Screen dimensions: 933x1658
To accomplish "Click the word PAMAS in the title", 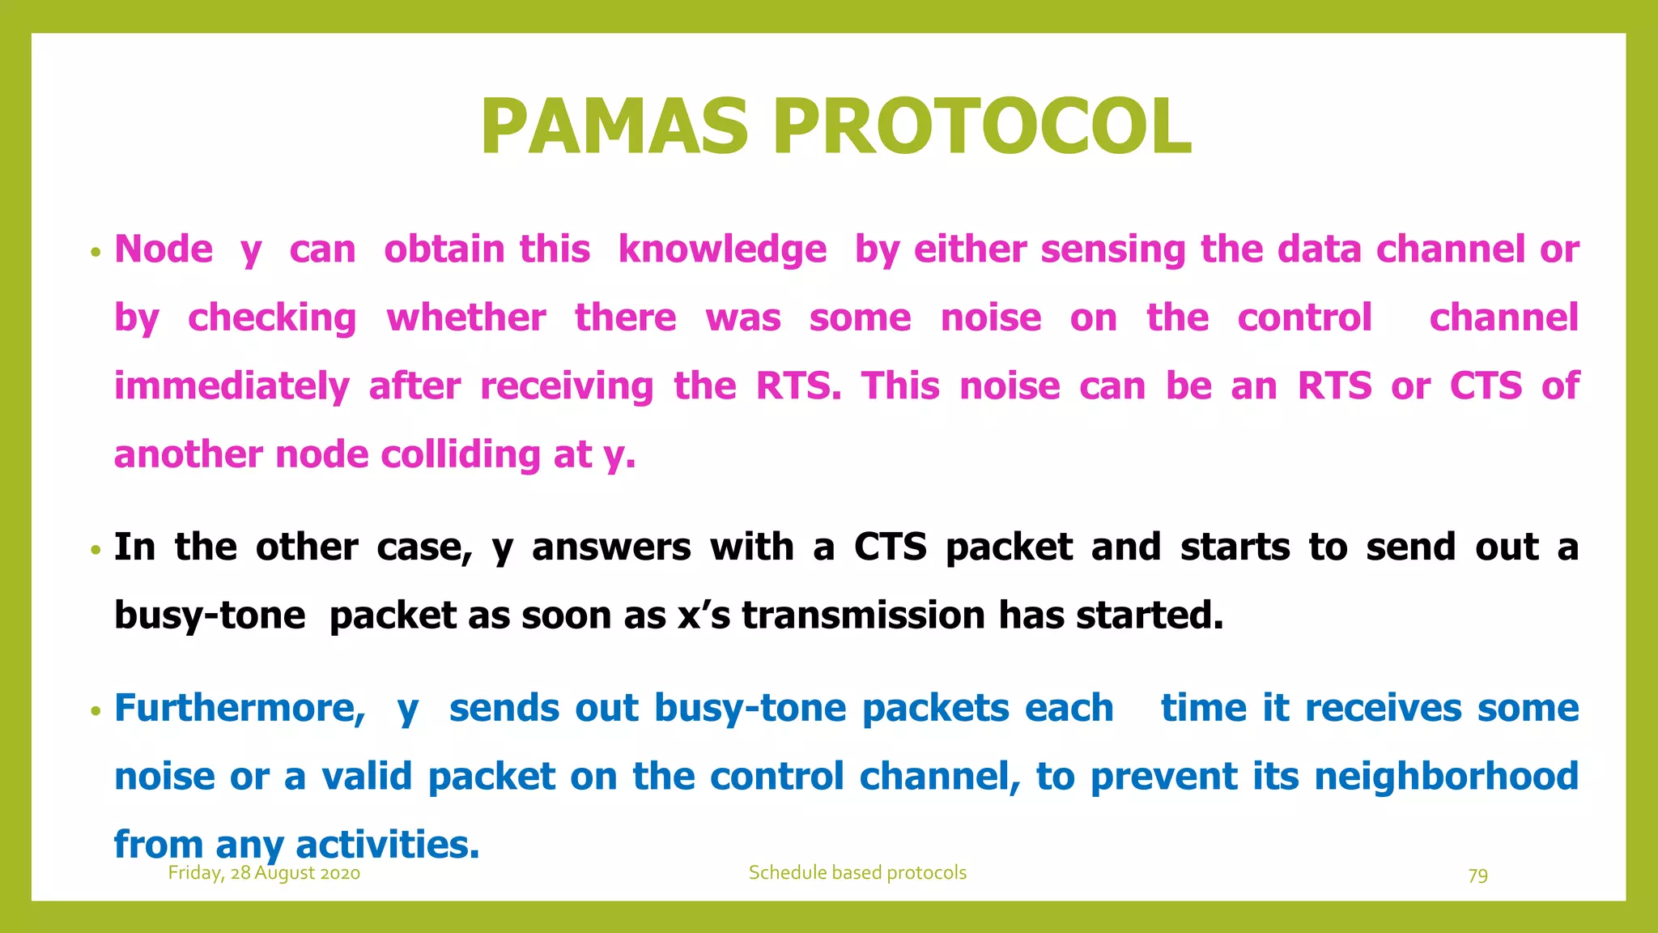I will click(x=614, y=127).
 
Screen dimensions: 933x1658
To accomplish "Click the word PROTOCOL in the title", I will click(x=981, y=127).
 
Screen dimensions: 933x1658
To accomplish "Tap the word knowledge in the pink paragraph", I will click(x=722, y=249).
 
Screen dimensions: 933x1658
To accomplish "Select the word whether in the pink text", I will click(x=466, y=317).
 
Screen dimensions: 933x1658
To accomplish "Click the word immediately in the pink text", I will click(x=232, y=386).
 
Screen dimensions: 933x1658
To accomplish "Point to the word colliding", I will click(x=460, y=454).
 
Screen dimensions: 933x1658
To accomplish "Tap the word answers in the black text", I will click(x=611, y=547).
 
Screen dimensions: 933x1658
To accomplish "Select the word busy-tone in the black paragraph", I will click(x=210, y=616).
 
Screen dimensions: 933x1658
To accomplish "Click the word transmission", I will click(x=863, y=616).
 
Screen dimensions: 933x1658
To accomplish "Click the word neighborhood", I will click(x=1446, y=777).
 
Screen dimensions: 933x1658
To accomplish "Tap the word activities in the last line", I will click(x=387, y=845).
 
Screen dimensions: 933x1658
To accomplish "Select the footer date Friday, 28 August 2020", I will click(x=264, y=873).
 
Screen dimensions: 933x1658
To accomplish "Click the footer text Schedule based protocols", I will click(x=857, y=873).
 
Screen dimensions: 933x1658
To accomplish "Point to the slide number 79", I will click(x=1477, y=875).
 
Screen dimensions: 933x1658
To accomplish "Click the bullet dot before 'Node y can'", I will click(x=96, y=252).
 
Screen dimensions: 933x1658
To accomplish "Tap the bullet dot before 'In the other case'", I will click(x=96, y=550).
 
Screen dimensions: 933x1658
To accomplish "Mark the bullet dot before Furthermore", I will click(x=96, y=711).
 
